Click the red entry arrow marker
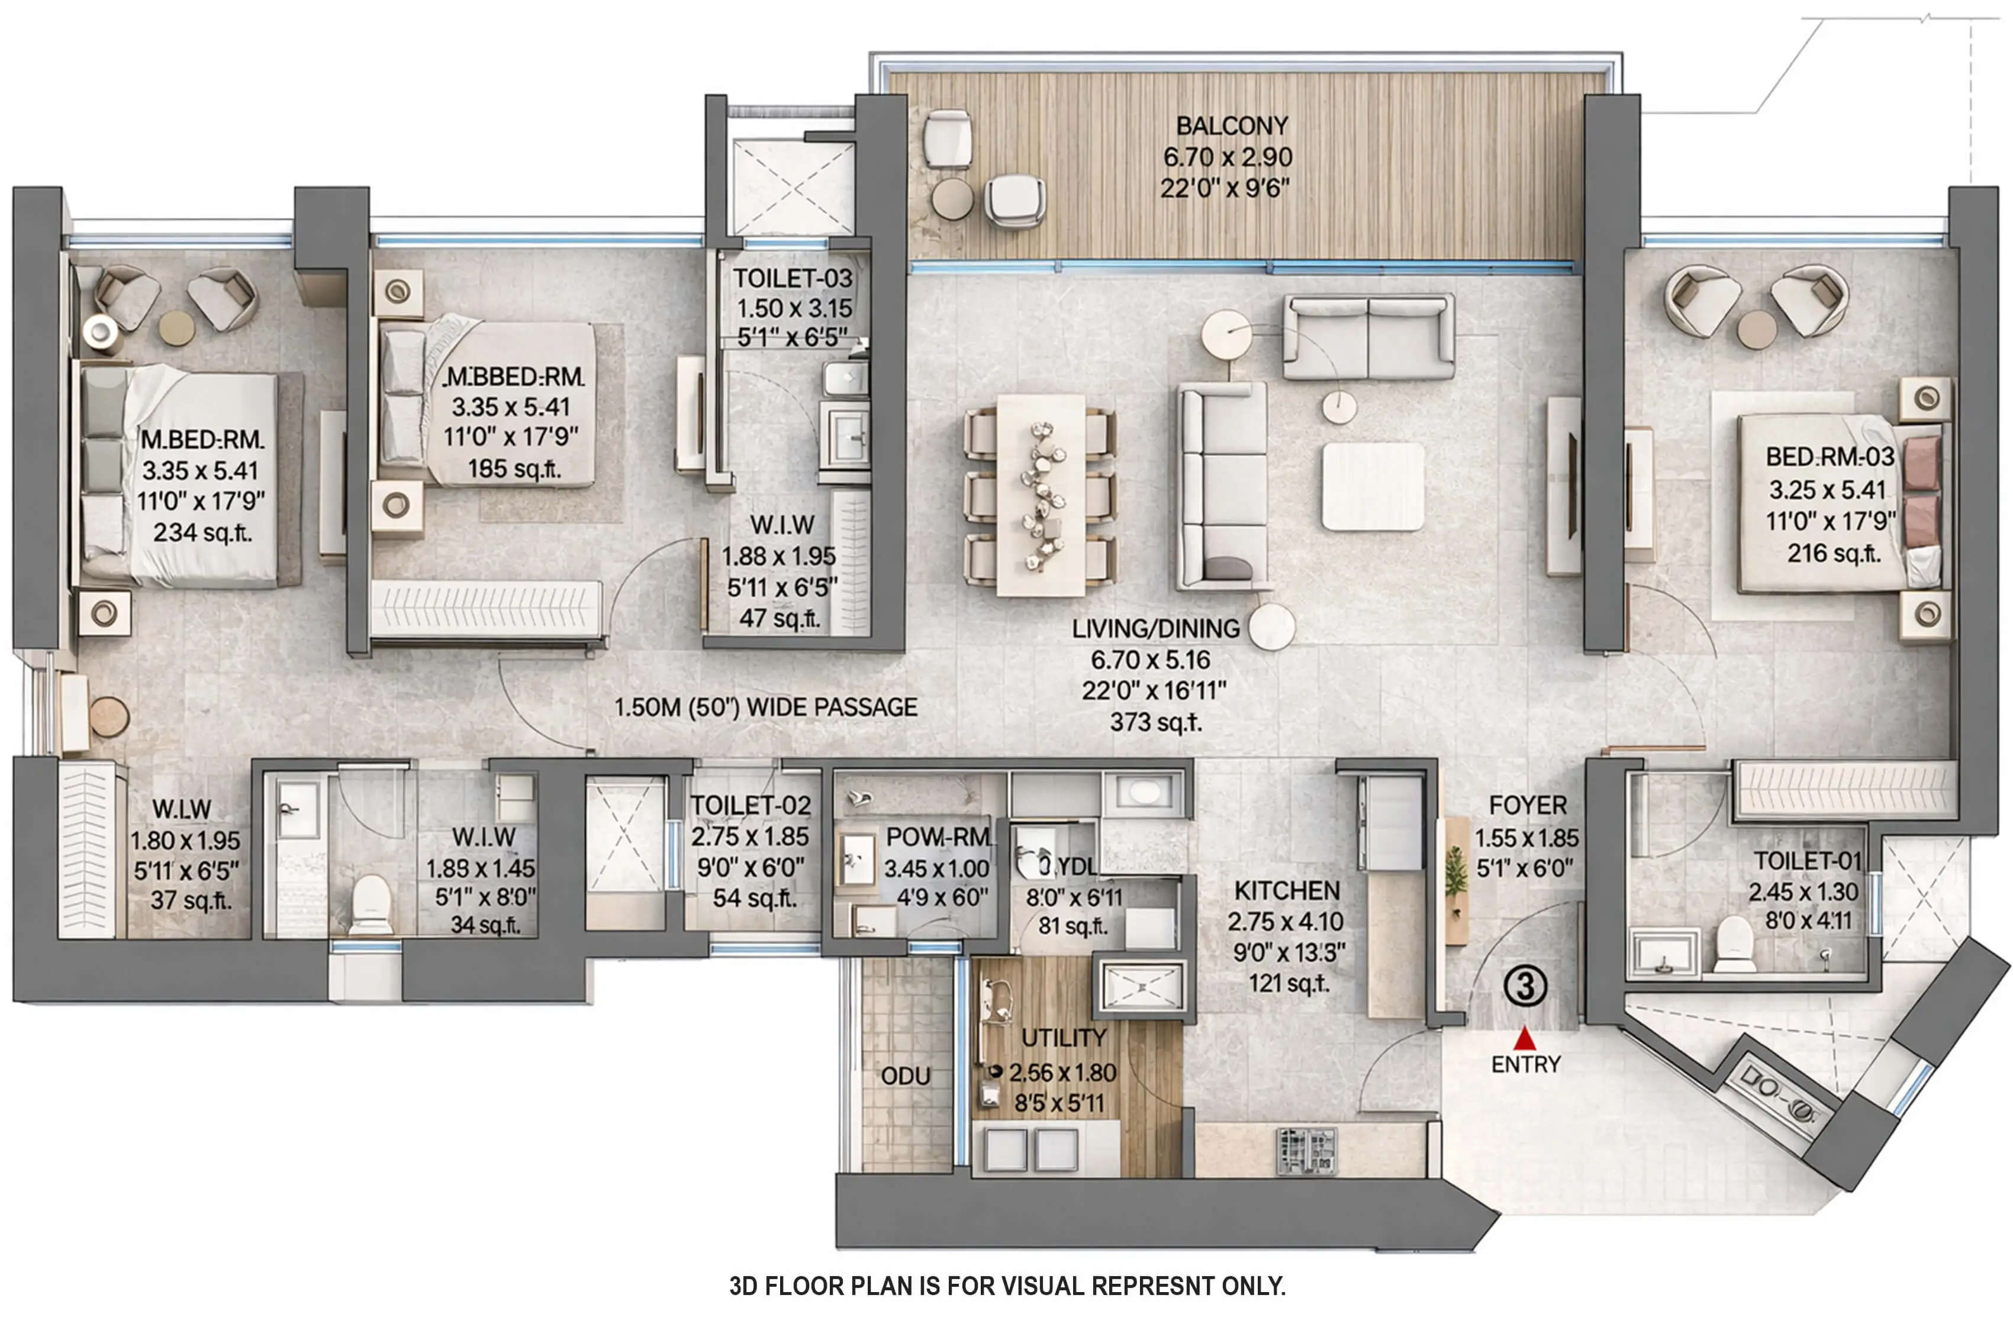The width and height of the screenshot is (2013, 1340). click(x=1524, y=1038)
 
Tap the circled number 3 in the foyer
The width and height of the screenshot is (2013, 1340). click(x=1525, y=986)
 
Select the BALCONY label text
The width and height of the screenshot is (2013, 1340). click(x=1231, y=125)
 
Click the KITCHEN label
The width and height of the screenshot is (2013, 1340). click(x=1286, y=890)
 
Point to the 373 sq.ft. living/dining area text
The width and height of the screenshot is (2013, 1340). click(x=1156, y=722)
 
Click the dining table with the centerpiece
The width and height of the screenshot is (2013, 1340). click(x=1041, y=494)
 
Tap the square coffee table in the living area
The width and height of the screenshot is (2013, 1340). click(x=1372, y=486)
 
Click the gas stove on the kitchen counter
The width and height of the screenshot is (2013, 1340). click(x=1306, y=1151)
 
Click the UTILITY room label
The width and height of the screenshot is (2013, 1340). click(x=1064, y=1038)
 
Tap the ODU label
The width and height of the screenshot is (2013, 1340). click(x=905, y=1076)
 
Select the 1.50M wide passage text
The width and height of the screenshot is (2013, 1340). click(x=765, y=707)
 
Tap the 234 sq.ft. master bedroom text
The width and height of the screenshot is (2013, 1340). click(x=202, y=532)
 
